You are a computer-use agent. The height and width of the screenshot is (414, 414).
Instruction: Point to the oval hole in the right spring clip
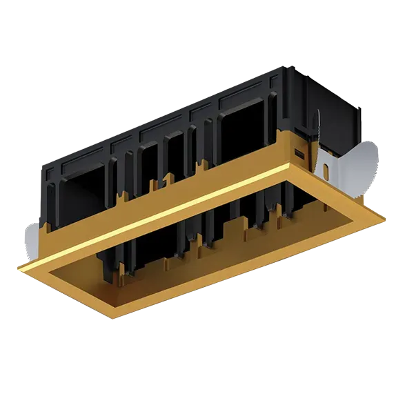(x=325, y=168)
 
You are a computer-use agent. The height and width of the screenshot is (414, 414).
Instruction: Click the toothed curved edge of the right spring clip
(x=373, y=155)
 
